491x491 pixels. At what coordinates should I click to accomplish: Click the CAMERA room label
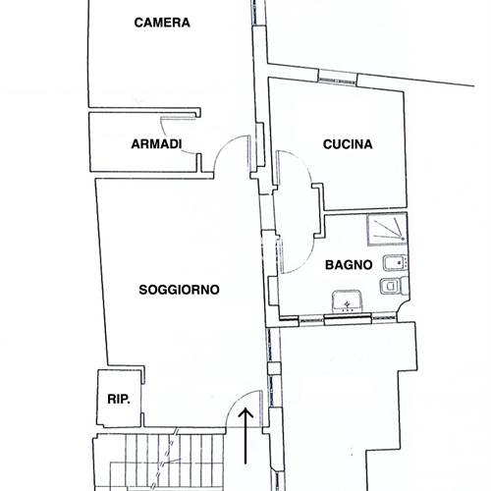162,23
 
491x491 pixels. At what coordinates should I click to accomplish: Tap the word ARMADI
156,144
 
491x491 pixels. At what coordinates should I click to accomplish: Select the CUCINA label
348,144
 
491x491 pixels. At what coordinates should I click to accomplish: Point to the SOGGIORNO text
179,290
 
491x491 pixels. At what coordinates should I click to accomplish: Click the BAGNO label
349,265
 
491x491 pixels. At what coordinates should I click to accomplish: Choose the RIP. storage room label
119,399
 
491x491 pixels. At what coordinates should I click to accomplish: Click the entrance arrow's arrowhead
245,413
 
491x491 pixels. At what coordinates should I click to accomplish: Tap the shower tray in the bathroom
387,230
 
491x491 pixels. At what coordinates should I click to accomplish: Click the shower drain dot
403,239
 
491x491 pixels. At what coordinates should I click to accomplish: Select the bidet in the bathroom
396,263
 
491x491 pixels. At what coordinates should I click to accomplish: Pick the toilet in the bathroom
394,286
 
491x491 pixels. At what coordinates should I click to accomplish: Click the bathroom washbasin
347,301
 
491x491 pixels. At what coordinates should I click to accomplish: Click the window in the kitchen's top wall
338,78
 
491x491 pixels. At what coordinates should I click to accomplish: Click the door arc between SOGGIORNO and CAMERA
226,144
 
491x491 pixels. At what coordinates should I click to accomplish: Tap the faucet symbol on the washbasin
347,305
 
